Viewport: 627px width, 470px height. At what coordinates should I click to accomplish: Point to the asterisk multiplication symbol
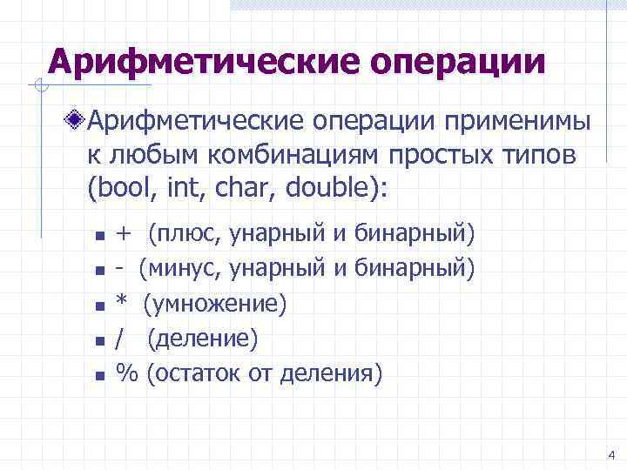(123, 303)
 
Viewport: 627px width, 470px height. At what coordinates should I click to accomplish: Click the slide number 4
(610, 455)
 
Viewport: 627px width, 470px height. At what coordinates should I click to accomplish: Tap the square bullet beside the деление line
(100, 341)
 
